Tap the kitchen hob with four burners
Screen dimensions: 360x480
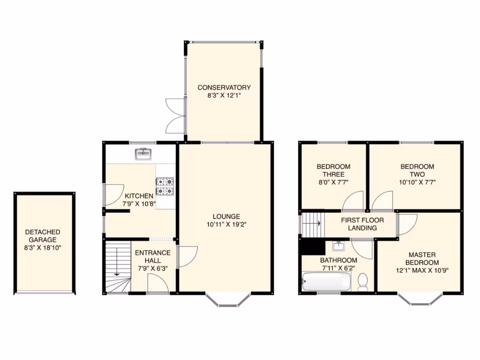pyautogui.click(x=165, y=186)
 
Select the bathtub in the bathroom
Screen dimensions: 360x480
pyautogui.click(x=327, y=282)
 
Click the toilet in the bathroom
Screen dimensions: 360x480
pyautogui.click(x=362, y=283)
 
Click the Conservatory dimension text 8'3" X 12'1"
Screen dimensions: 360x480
pyautogui.click(x=224, y=95)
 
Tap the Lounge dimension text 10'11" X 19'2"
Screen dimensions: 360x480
pyautogui.click(x=226, y=224)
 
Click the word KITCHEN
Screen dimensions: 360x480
pyautogui.click(x=139, y=195)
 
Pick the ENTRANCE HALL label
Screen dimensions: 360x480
pyautogui.click(x=153, y=256)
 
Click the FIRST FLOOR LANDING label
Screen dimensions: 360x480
pyautogui.click(x=362, y=224)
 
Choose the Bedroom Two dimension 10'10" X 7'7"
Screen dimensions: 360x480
pyautogui.click(x=417, y=182)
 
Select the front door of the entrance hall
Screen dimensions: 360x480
pyautogui.click(x=157, y=285)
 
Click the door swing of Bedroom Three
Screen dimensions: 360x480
pyautogui.click(x=353, y=202)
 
